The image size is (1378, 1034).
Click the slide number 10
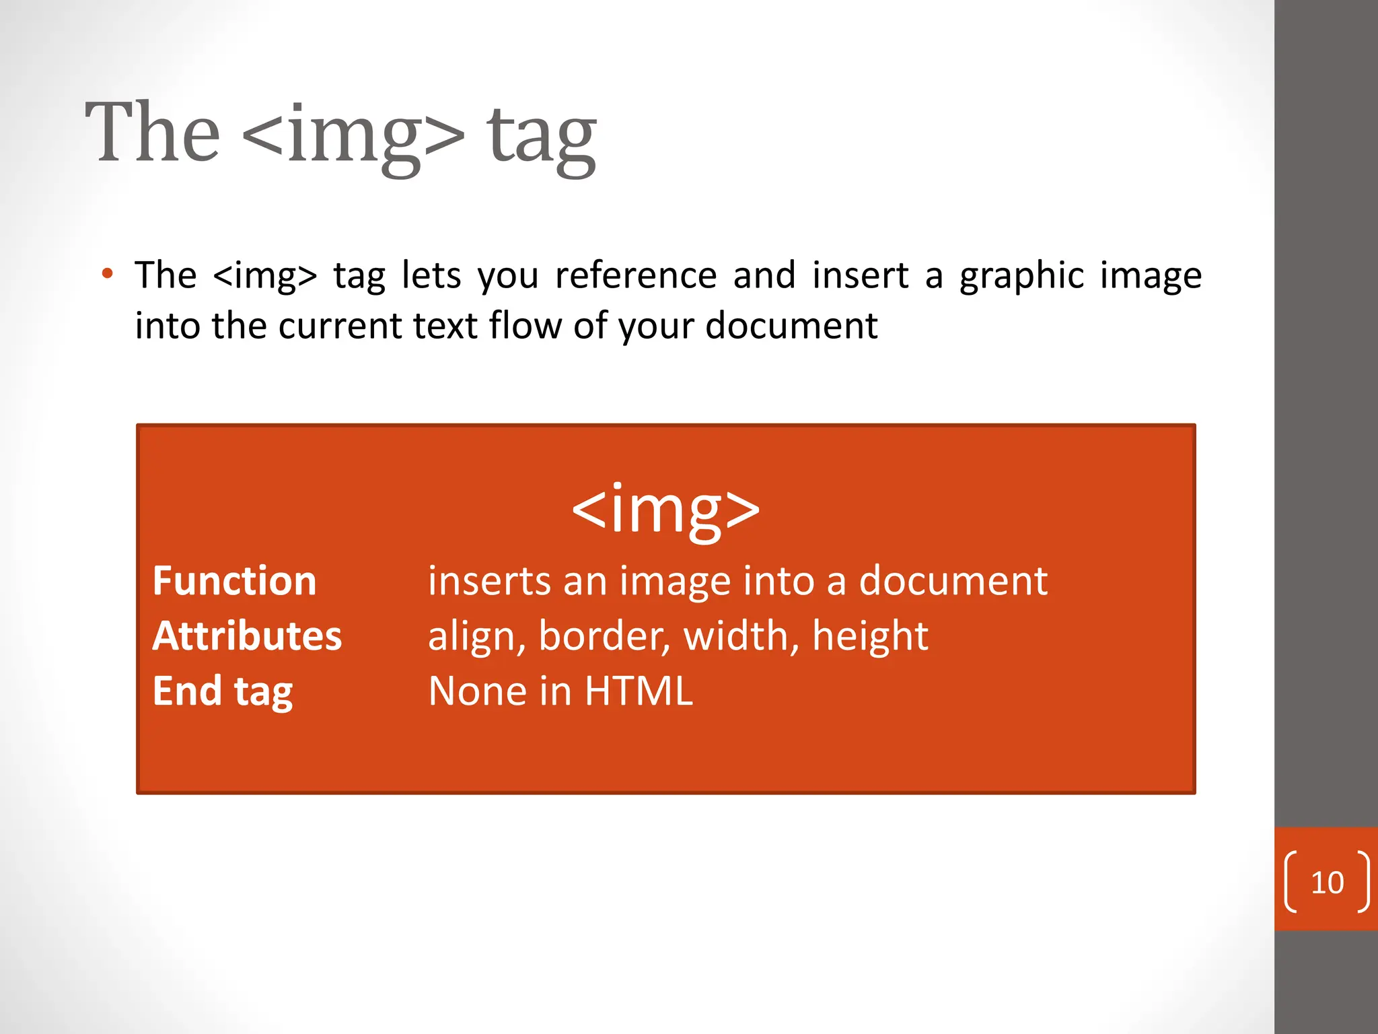point(1327,883)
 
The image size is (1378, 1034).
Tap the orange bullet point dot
point(107,274)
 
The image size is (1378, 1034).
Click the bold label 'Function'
point(234,581)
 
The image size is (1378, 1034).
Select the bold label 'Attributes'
point(247,636)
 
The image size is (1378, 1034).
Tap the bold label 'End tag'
point(223,691)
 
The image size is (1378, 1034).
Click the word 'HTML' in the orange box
point(639,691)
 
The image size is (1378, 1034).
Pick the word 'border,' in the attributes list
point(604,636)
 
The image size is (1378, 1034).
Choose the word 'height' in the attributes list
point(870,636)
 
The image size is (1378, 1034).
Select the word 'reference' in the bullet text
point(636,275)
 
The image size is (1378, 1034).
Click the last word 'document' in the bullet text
point(791,326)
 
